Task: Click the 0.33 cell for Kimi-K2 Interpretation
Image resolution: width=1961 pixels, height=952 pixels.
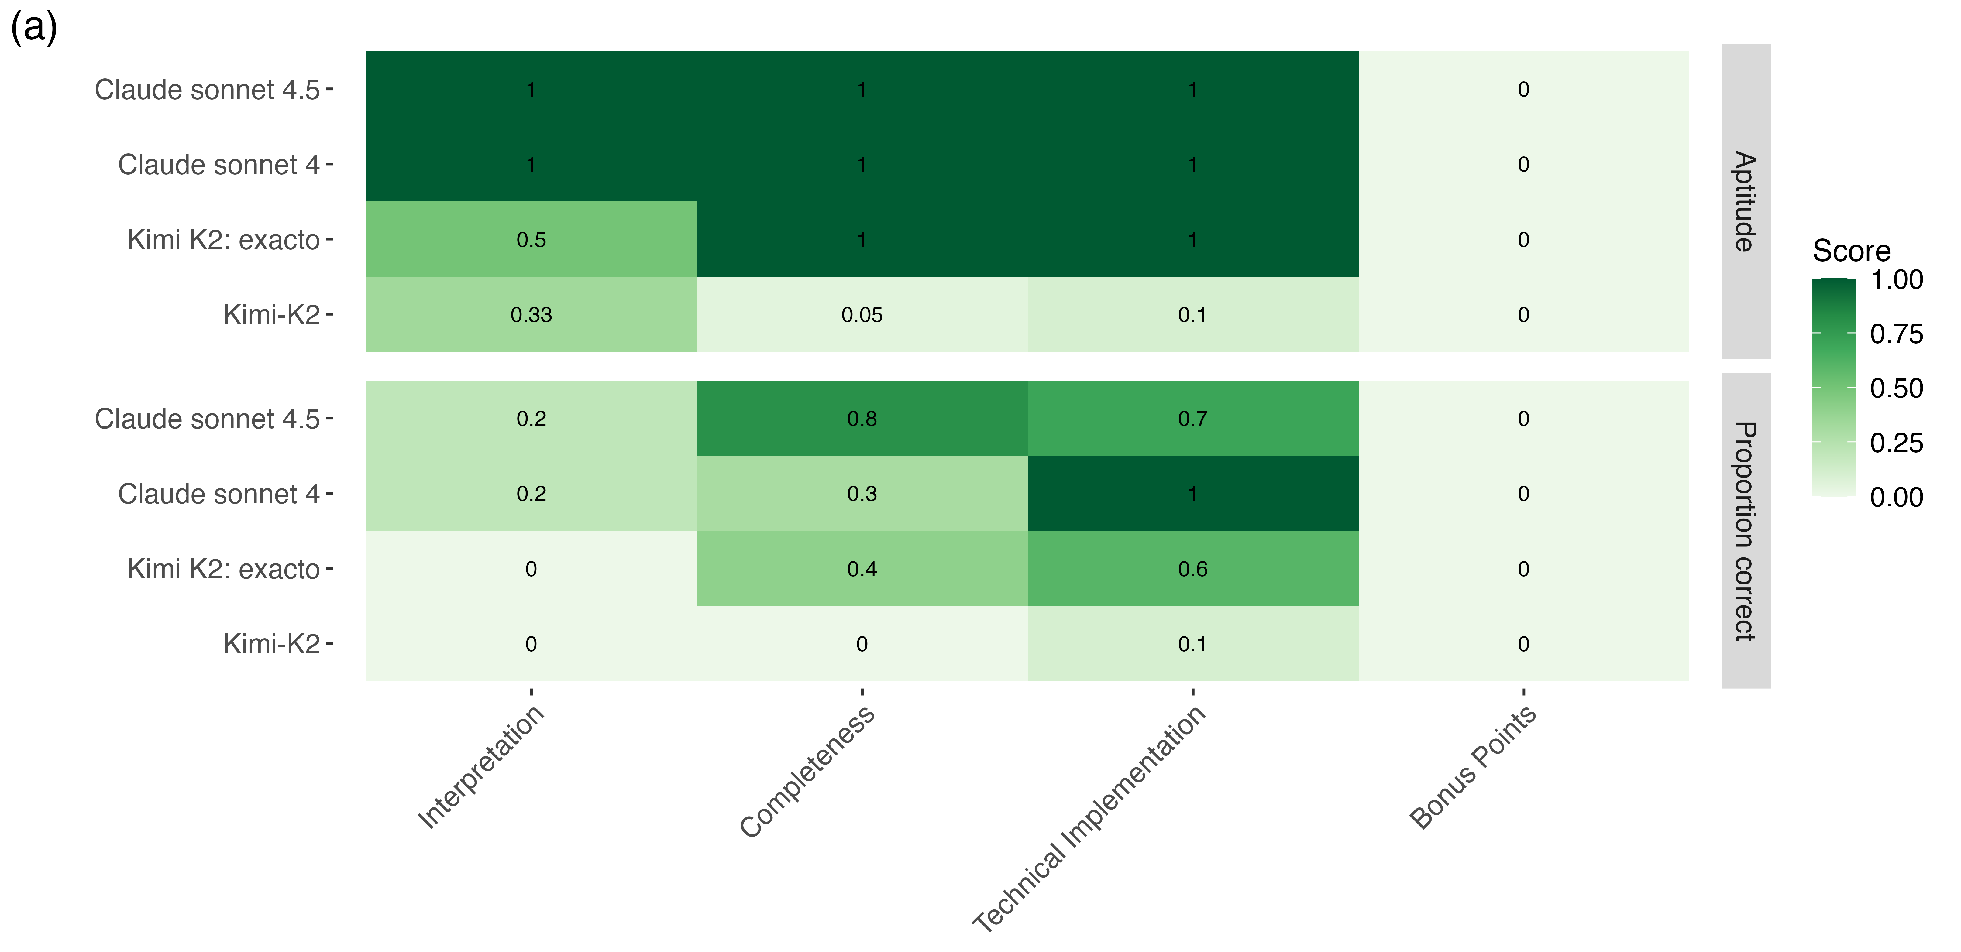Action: pos(532,314)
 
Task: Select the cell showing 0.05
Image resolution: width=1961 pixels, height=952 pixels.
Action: pos(862,314)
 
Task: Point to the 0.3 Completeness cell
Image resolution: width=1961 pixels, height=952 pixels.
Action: pos(862,493)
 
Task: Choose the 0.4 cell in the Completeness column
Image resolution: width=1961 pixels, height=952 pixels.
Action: pos(862,568)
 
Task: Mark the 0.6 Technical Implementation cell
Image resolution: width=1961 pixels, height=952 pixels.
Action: pos(1193,568)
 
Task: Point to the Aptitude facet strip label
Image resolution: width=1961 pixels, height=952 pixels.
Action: pos(1746,201)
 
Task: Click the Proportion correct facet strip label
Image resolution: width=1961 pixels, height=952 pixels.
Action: pos(1746,531)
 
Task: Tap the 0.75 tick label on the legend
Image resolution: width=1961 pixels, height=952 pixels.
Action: pos(1896,333)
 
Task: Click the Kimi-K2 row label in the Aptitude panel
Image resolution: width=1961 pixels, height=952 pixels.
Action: pos(272,314)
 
